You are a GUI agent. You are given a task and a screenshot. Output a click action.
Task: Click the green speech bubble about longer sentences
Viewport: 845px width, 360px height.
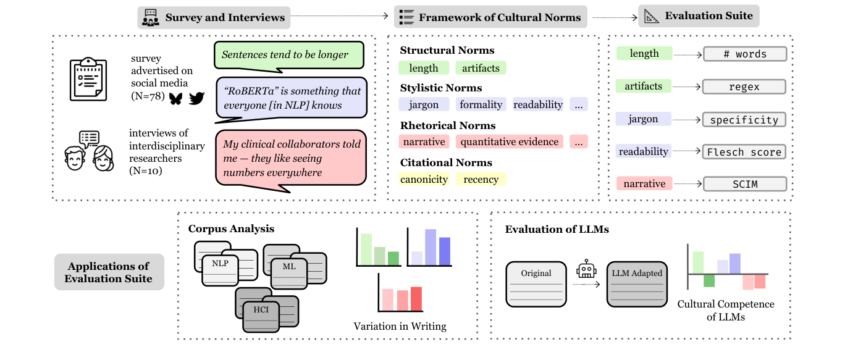(289, 55)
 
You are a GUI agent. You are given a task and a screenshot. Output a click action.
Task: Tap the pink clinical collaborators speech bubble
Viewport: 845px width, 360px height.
(290, 158)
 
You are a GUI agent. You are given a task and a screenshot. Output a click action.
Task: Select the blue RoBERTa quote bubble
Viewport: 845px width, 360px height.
(290, 98)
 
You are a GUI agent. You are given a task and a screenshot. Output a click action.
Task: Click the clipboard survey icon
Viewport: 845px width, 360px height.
(88, 79)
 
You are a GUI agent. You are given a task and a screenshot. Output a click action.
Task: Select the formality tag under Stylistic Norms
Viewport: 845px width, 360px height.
(481, 104)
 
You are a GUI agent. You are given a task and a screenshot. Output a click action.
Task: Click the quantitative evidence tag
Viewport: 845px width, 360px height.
(510, 142)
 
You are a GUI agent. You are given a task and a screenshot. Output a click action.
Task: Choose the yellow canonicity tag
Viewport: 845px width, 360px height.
(424, 180)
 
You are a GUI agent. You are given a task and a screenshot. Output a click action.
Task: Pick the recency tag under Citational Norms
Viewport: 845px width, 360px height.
(481, 180)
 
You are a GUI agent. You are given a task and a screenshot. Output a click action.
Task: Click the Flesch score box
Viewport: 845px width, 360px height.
(744, 152)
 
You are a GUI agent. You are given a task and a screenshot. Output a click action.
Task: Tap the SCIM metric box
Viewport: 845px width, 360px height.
(744, 184)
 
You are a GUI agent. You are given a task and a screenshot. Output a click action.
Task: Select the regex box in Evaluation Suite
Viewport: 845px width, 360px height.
(744, 87)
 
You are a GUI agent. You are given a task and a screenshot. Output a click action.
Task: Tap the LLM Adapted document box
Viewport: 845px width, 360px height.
(637, 284)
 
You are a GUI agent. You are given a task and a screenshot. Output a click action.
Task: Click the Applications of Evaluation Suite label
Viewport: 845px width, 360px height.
(109, 272)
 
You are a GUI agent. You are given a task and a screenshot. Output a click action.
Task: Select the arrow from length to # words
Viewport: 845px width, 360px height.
(687, 54)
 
